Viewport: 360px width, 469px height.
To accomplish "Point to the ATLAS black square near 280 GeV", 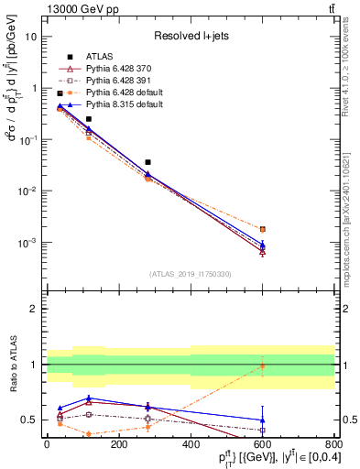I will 147,162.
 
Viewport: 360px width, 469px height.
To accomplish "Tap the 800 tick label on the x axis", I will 334,443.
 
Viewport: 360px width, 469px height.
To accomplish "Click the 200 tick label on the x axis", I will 119,443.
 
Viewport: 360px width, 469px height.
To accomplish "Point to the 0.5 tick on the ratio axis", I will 33,420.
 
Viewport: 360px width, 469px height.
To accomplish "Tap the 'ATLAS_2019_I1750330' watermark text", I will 190,274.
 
